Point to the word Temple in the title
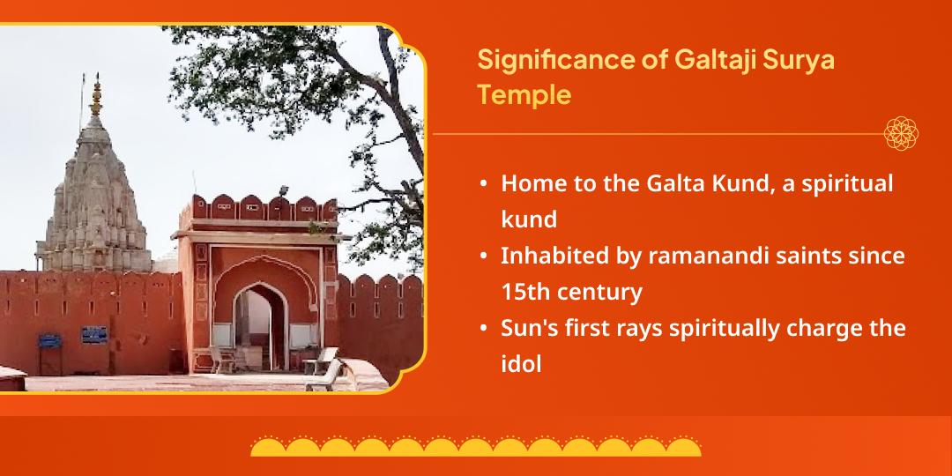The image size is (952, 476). [524, 94]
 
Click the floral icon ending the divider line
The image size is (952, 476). [901, 134]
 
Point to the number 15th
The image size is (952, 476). [524, 292]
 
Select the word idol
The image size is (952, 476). [521, 364]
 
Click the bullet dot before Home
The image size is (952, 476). [483, 183]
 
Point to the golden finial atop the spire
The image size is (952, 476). [96, 97]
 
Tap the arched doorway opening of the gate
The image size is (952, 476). [260, 327]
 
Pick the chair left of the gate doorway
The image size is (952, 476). [221, 360]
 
